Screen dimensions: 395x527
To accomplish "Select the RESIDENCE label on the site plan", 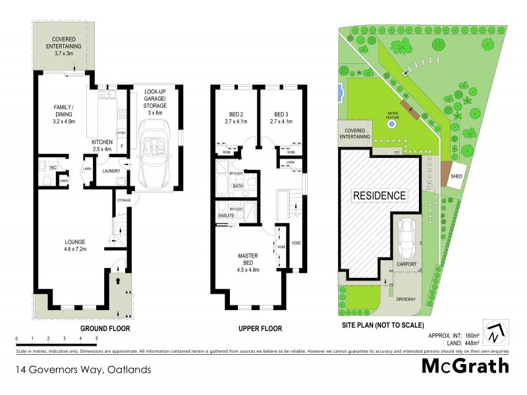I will [x=379, y=196].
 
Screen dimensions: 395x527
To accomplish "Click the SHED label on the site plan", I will [x=456, y=177].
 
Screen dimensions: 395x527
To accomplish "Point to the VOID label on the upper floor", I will [x=296, y=243].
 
